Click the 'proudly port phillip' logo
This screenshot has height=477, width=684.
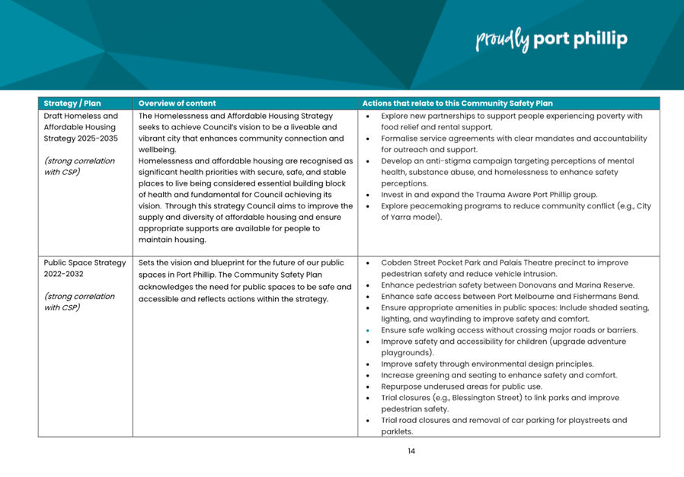[551, 40]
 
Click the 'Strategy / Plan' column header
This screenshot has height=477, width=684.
[72, 103]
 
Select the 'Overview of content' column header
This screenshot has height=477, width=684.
[177, 103]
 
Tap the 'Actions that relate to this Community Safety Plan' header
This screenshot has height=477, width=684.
[457, 103]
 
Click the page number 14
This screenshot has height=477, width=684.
[411, 450]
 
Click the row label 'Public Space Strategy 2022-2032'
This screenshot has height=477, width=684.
[85, 269]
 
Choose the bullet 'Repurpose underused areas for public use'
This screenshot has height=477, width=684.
[461, 386]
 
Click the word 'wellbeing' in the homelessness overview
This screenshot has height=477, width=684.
[157, 150]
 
